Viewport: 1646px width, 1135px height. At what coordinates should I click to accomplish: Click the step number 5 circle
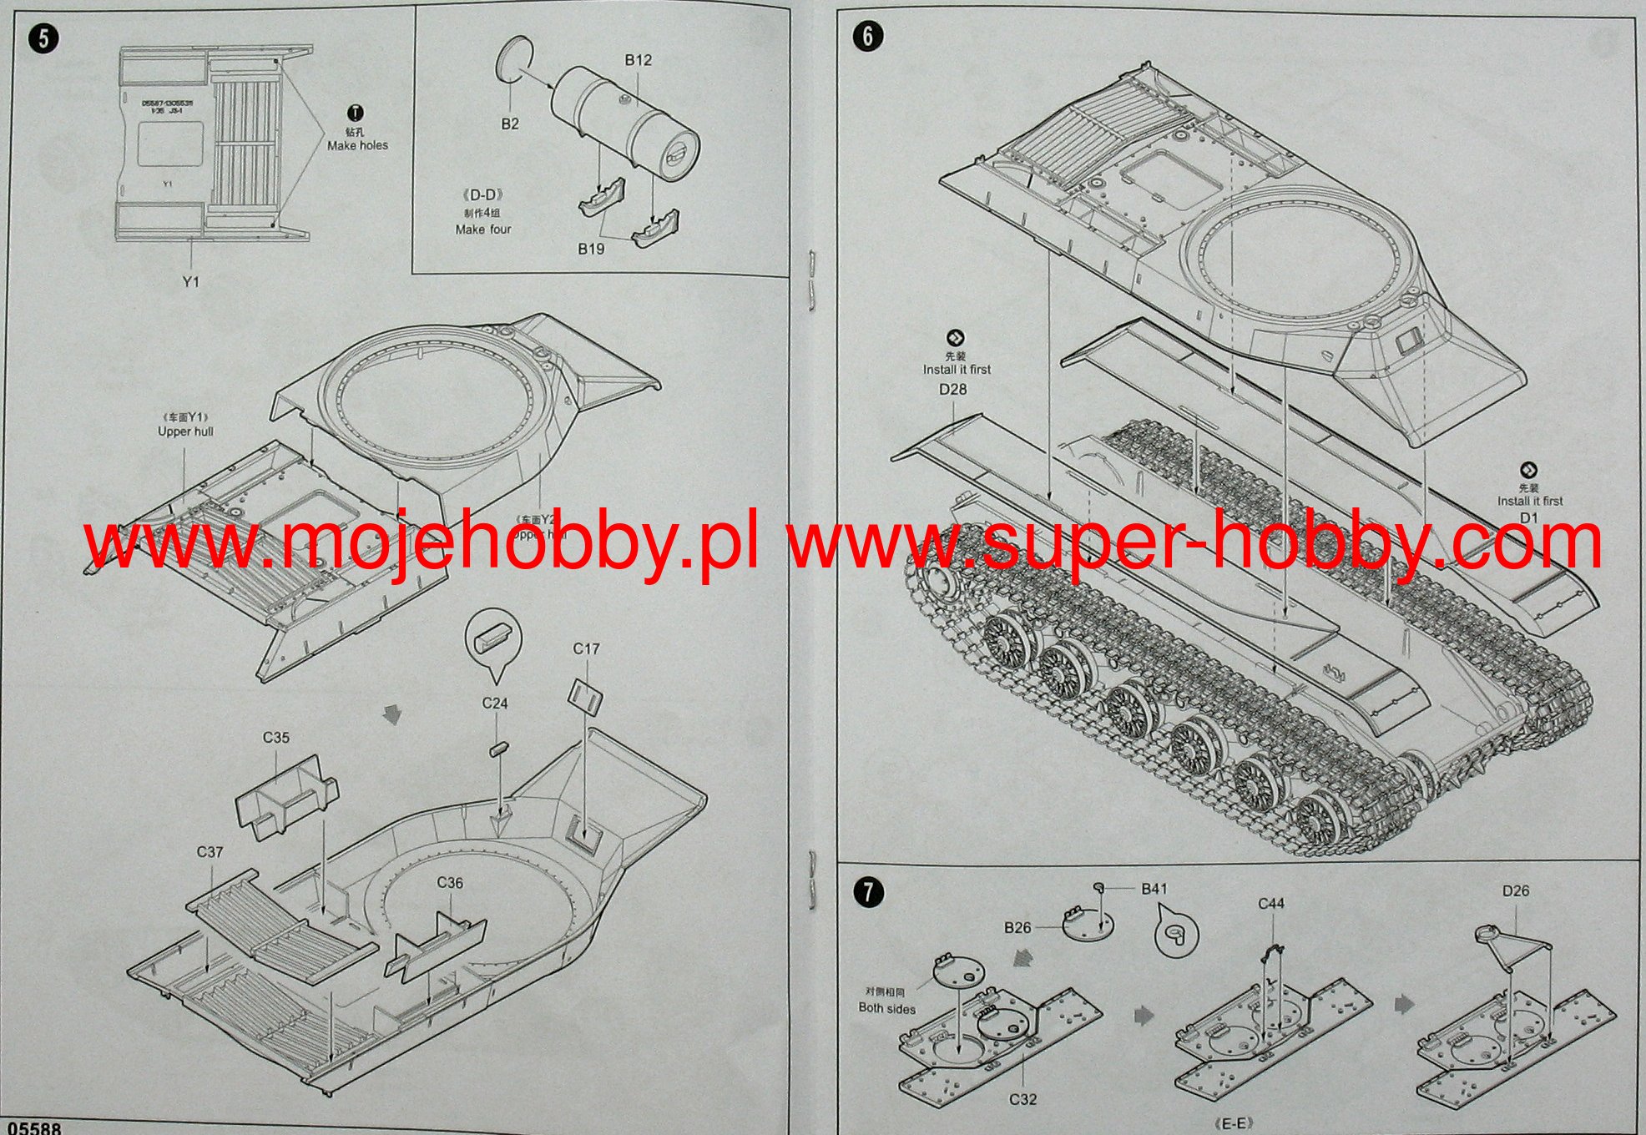coord(43,39)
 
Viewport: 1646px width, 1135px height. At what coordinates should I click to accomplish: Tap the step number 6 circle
coord(868,36)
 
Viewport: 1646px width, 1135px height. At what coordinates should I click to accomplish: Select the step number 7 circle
coord(868,892)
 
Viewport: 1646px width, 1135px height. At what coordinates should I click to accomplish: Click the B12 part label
coord(638,60)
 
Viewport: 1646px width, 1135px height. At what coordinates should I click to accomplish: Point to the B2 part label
coord(510,124)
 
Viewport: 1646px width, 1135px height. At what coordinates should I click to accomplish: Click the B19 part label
coord(591,249)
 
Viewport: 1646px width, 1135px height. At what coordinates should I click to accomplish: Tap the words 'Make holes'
coord(357,145)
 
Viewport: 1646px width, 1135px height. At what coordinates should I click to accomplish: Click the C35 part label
coord(276,738)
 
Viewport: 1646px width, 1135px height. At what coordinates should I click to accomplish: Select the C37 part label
coord(210,852)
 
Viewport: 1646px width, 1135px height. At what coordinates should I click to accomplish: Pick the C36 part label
coord(450,883)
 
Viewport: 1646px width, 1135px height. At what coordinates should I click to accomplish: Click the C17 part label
coord(586,648)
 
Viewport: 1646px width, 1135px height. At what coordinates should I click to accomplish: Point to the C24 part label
coord(495,704)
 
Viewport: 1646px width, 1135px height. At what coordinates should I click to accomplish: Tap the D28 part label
coord(952,389)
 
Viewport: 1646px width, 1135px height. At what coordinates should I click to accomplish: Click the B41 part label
coord(1154,889)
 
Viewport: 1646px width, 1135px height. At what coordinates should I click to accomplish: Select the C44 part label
coord(1271,904)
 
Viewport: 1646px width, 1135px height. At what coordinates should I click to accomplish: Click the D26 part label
coord(1516,890)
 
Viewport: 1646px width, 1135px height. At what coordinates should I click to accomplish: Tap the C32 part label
coord(1022,1099)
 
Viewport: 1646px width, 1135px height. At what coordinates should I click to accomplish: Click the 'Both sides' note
coord(887,1008)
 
